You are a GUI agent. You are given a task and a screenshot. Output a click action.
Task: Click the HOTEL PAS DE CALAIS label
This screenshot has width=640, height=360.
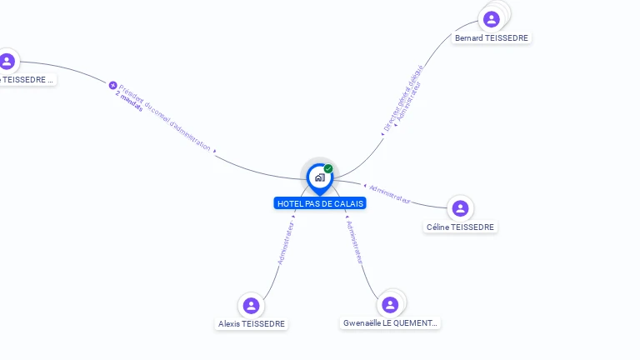click(320, 203)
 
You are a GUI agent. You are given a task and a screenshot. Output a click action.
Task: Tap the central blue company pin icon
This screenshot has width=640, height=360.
click(319, 177)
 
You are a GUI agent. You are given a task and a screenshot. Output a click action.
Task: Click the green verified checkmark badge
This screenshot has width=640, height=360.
click(328, 168)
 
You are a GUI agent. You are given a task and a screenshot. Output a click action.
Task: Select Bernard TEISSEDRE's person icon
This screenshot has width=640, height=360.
click(492, 18)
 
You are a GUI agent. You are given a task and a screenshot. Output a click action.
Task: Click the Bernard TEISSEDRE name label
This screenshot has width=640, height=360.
click(492, 38)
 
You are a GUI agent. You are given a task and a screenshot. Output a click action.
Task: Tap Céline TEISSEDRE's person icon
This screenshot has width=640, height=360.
click(460, 208)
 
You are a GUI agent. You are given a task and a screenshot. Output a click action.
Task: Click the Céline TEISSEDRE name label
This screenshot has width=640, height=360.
click(460, 227)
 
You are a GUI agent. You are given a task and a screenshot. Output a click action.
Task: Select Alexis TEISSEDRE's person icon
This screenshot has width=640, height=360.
click(251, 306)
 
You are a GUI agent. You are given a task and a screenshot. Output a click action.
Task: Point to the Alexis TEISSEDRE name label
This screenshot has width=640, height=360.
click(252, 324)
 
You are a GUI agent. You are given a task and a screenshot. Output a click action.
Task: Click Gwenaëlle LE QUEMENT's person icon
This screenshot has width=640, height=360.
click(390, 305)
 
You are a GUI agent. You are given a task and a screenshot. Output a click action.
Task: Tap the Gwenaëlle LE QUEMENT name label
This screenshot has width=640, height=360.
click(390, 323)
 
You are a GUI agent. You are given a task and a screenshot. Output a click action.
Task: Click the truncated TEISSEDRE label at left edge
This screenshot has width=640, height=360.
click(27, 80)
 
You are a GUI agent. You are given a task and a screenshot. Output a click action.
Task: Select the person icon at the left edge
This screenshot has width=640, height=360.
click(7, 61)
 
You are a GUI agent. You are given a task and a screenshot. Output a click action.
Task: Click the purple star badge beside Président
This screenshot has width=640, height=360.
click(113, 85)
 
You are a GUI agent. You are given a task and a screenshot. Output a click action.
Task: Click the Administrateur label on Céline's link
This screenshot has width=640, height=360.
click(390, 194)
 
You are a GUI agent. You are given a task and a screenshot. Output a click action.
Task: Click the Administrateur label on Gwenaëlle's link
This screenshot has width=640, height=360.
click(355, 242)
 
